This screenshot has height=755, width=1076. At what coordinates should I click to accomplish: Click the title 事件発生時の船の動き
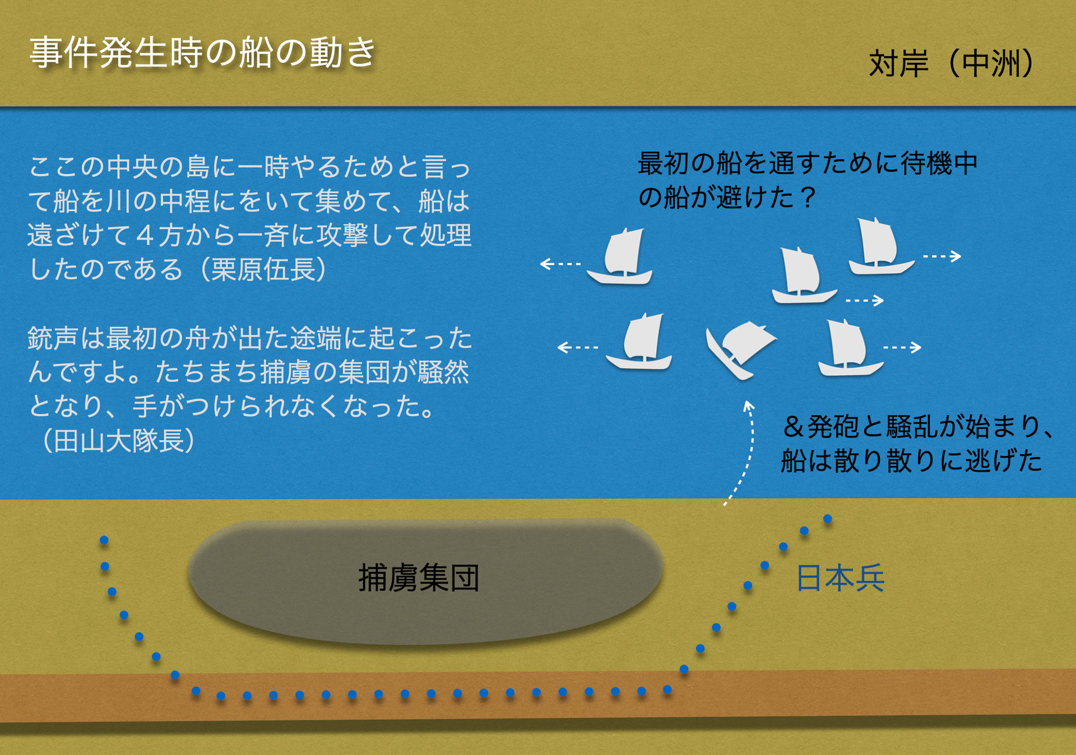click(x=202, y=53)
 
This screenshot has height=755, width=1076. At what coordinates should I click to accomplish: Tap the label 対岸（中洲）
click(x=951, y=63)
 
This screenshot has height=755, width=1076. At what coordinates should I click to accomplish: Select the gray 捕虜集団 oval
click(x=426, y=581)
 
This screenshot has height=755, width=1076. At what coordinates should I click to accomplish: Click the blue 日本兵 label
click(x=840, y=578)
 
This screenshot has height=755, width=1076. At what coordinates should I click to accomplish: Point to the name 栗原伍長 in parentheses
click(x=263, y=269)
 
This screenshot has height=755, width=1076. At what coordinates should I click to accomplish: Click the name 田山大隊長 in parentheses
click(x=119, y=440)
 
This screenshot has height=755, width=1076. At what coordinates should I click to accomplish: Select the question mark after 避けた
click(x=808, y=197)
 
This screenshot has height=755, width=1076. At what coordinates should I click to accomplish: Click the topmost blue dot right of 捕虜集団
click(x=827, y=519)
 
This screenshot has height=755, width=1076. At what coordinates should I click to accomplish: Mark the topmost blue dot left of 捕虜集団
click(x=104, y=540)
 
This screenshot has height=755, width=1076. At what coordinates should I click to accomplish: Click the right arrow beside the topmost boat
click(x=942, y=256)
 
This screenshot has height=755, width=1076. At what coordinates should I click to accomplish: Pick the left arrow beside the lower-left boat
click(x=578, y=348)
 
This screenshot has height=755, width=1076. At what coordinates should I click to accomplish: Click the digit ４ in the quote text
click(x=145, y=235)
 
